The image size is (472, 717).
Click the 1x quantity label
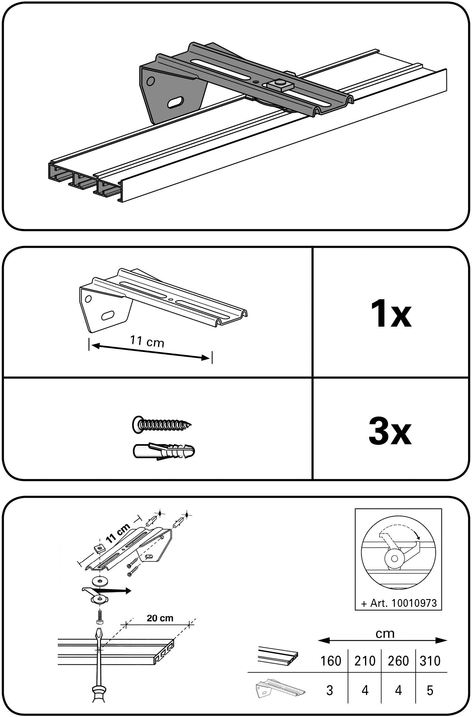coord(391,314)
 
